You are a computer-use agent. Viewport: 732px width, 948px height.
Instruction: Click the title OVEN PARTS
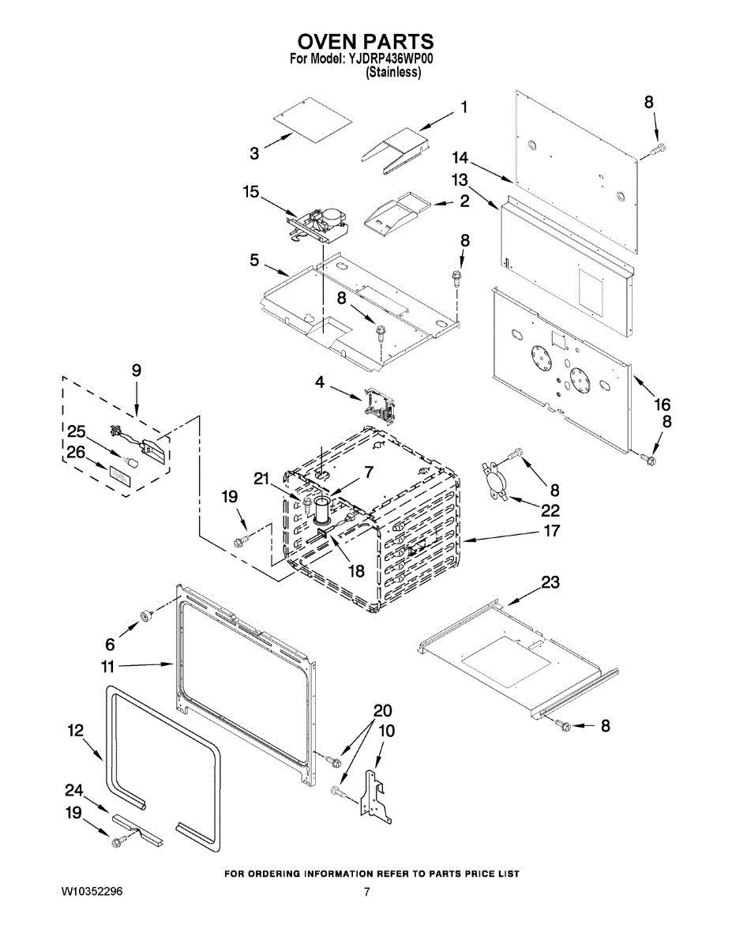366,41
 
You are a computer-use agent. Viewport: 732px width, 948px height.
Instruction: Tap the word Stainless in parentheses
393,72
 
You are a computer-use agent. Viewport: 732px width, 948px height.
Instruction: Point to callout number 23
550,583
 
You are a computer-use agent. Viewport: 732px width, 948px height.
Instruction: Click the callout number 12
75,732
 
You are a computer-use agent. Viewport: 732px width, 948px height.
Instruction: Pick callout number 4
319,382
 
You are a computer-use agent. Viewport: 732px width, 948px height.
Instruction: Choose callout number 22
550,510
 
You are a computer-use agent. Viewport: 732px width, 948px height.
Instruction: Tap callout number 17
551,531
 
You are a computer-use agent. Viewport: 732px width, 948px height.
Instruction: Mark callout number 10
386,732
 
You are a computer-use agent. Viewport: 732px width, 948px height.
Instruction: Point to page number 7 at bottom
367,892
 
